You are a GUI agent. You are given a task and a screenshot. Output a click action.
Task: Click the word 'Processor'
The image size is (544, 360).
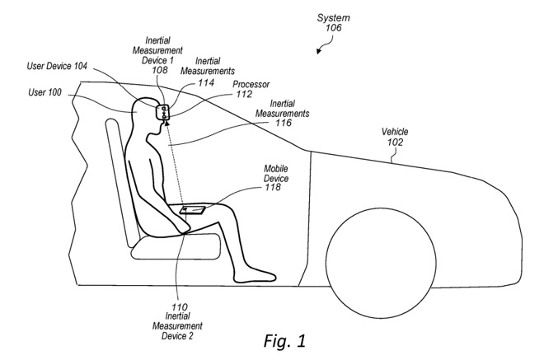251,85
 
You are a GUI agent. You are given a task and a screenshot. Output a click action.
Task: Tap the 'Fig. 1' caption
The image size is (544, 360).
285,339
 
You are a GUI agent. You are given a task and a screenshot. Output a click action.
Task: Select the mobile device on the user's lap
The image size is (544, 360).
193,211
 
